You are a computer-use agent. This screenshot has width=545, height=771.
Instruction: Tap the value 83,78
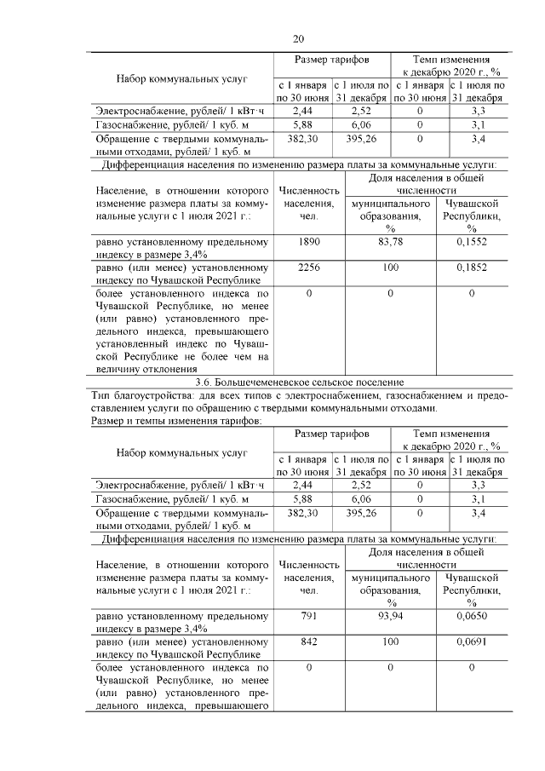pyautogui.click(x=390, y=242)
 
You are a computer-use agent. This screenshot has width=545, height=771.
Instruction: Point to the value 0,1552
pyautogui.click(x=471, y=242)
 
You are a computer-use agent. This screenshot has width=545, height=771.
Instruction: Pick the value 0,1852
pyautogui.click(x=471, y=268)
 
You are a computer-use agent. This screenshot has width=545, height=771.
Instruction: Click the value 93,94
pyautogui.click(x=390, y=615)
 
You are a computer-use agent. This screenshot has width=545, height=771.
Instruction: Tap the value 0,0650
pyautogui.click(x=471, y=615)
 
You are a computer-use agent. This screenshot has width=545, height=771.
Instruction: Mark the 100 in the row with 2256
pyautogui.click(x=390, y=268)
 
